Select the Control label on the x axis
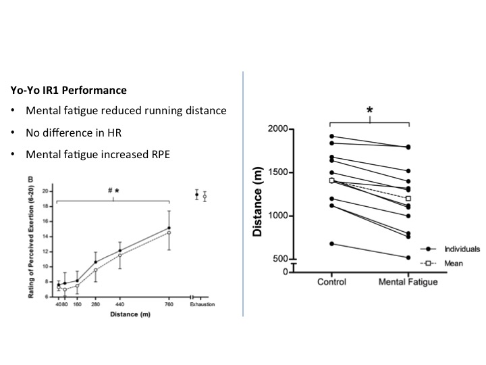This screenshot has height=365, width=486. [331, 281]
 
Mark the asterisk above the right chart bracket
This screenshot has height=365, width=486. [369, 111]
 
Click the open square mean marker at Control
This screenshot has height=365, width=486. [331, 180]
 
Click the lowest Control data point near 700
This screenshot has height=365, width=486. [331, 243]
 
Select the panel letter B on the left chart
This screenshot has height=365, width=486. [48, 180]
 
